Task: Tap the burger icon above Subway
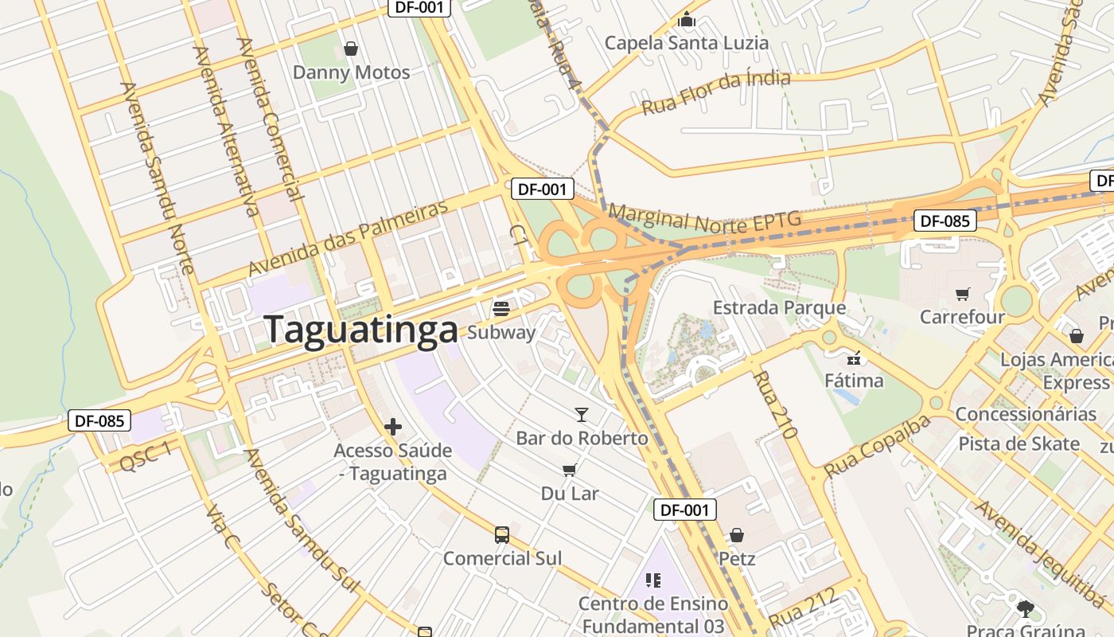(x=501, y=308)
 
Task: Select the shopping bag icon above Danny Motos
(x=350, y=49)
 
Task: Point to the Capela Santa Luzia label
(x=687, y=42)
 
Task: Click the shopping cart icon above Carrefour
(x=963, y=294)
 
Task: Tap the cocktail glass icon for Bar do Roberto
(x=582, y=414)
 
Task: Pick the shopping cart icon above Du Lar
(x=569, y=470)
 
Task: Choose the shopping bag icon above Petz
(x=737, y=534)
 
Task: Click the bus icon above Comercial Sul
(x=502, y=534)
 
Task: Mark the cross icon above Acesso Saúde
(x=392, y=427)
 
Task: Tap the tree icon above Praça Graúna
(x=1025, y=609)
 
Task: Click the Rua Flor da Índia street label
(x=716, y=92)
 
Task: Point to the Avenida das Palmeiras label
(x=349, y=238)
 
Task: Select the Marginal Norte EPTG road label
(x=704, y=220)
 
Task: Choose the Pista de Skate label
(x=1019, y=444)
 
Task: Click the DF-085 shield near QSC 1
(x=99, y=420)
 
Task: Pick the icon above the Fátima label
(x=855, y=358)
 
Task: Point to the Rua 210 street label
(x=774, y=405)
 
